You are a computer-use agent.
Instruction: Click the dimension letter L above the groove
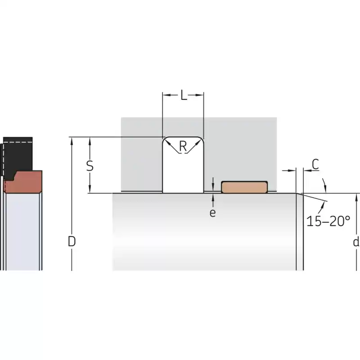pos(184,95)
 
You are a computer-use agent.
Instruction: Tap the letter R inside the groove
pos(183,146)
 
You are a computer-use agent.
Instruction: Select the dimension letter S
pos(90,166)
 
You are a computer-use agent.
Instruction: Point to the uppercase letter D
pos(72,241)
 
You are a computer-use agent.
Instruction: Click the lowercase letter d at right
pos(356,242)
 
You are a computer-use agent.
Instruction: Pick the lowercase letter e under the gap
pos(212,213)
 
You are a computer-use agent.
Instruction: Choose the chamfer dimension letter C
pos(315,164)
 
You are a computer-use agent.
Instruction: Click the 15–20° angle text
pos(328,221)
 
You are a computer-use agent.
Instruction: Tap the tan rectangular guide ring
pos(244,187)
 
